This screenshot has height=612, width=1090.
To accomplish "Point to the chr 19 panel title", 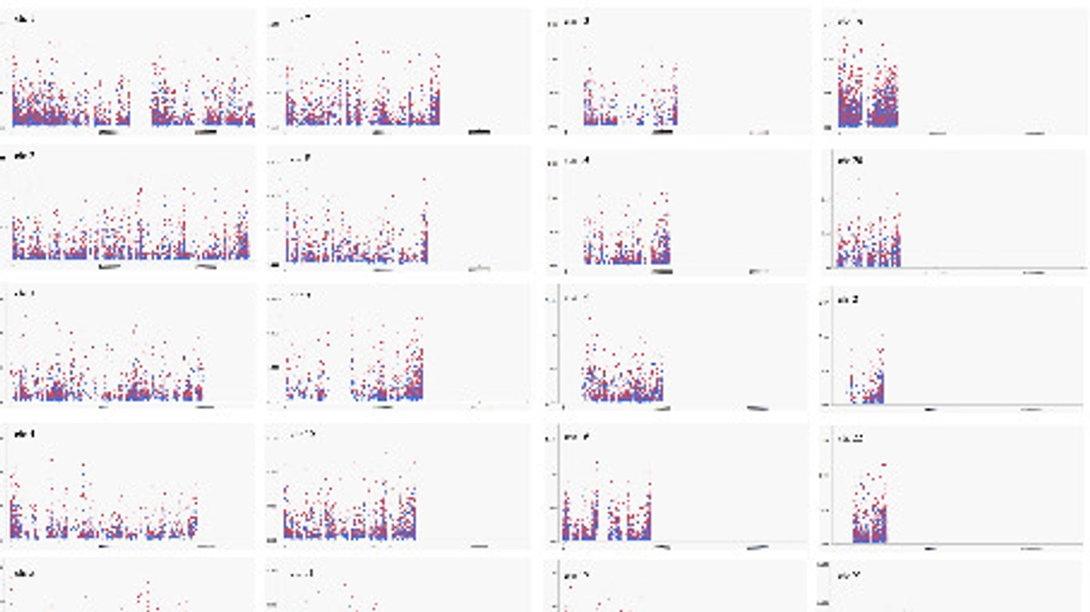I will coord(850,20).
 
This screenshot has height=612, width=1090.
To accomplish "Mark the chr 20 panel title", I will coord(850,161).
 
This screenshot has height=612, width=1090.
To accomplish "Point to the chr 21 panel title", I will coord(850,300).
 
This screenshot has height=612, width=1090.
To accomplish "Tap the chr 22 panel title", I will coord(850,439).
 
